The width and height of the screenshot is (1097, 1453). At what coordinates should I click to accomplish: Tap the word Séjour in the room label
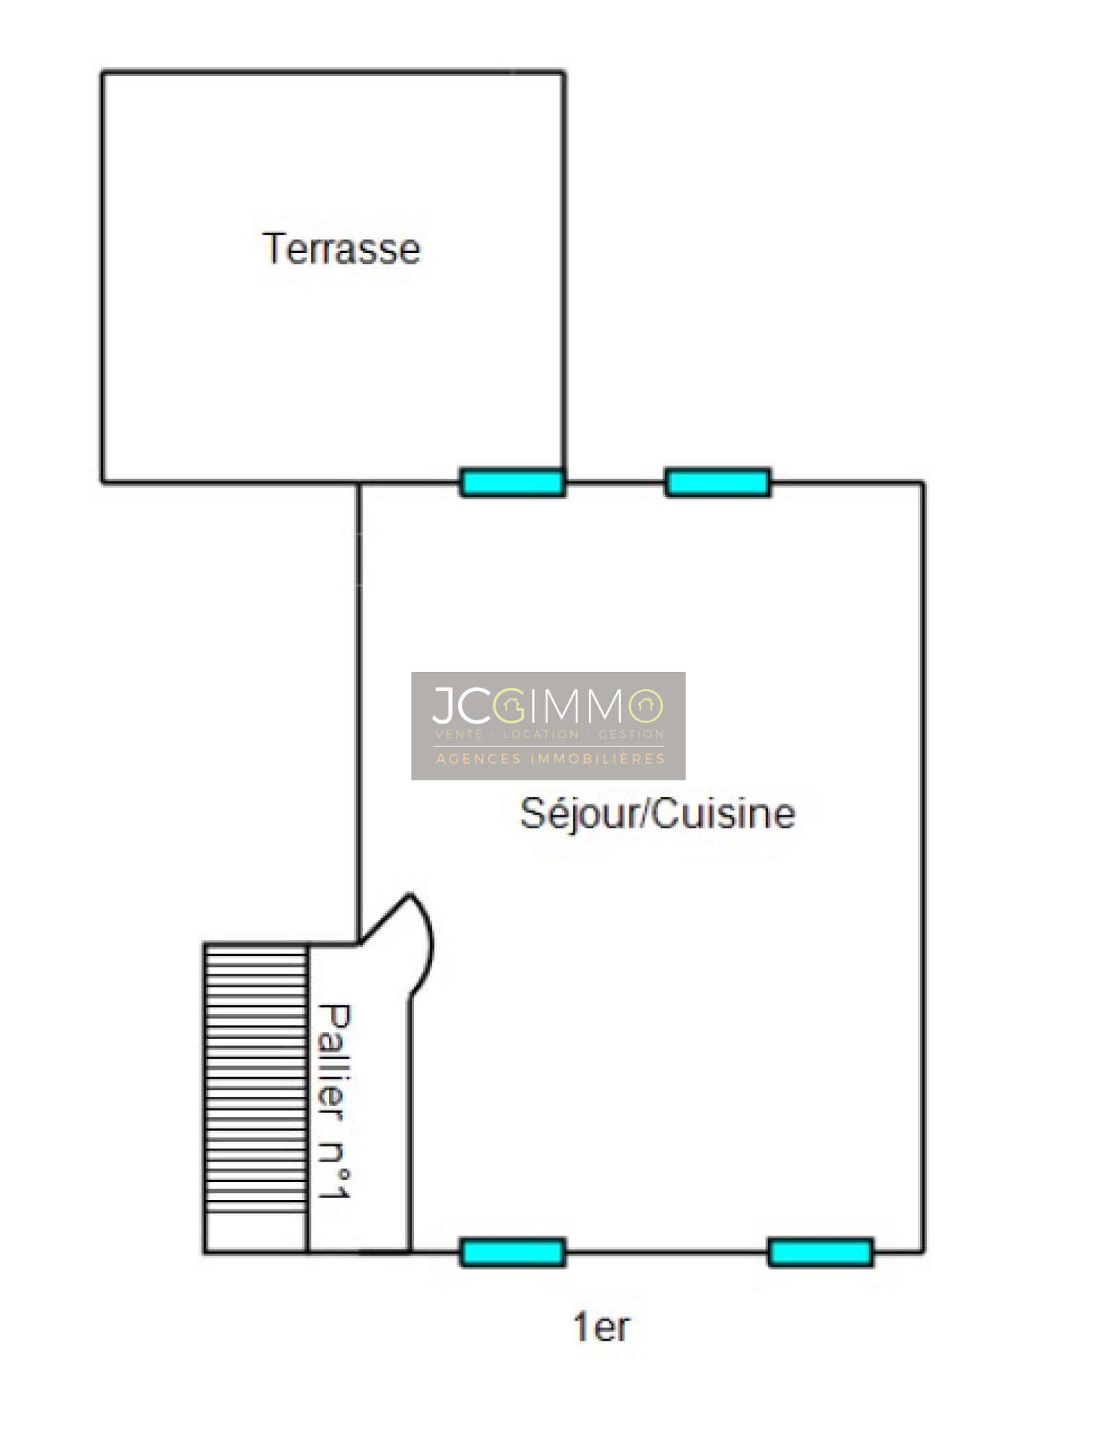pos(578,815)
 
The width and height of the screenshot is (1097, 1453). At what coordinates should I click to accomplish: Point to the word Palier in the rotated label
pos(334,1062)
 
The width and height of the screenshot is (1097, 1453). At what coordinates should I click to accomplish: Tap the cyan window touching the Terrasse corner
pos(512,483)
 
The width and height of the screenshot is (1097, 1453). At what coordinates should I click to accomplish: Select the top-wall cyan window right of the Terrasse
pos(718,483)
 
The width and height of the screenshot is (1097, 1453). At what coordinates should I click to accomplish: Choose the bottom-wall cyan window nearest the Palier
pos(512,1253)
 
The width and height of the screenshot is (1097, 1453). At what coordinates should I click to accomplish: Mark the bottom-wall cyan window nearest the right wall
pos(821,1253)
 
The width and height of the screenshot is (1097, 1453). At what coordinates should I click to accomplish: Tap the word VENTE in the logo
pos(459,734)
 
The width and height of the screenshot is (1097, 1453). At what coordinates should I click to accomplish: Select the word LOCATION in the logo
pos(541,734)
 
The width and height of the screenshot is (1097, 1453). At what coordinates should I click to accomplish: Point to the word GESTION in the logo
pos(631,734)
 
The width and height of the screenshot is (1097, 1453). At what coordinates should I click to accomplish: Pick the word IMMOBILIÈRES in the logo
pos(598,758)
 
